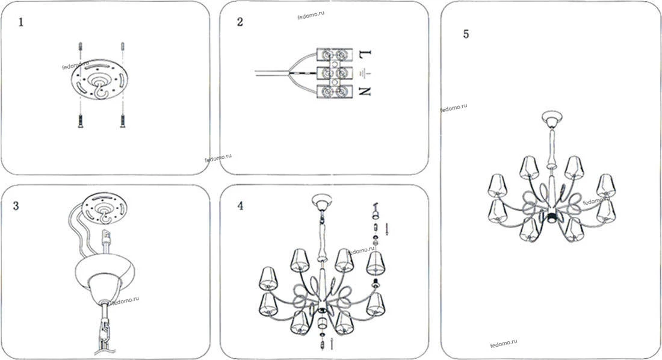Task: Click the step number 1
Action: (x=21, y=22)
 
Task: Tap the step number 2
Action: (x=240, y=22)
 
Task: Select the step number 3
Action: (x=16, y=206)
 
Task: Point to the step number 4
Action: (x=240, y=206)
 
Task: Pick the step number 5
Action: (x=466, y=34)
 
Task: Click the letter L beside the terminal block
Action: (x=365, y=54)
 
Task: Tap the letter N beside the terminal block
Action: (x=365, y=92)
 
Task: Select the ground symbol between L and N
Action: (x=364, y=73)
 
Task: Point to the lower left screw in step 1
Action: (x=80, y=121)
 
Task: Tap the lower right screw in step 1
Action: (x=122, y=121)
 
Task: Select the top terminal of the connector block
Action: (x=335, y=55)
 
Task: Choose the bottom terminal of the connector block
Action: (x=335, y=92)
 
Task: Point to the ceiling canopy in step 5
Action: (x=552, y=119)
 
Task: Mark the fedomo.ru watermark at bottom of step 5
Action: (x=504, y=343)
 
